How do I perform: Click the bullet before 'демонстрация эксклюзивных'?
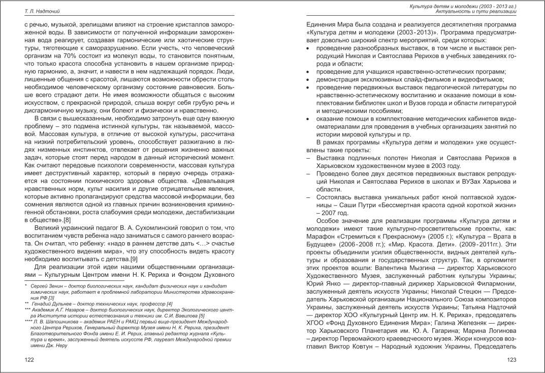click(311, 79)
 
